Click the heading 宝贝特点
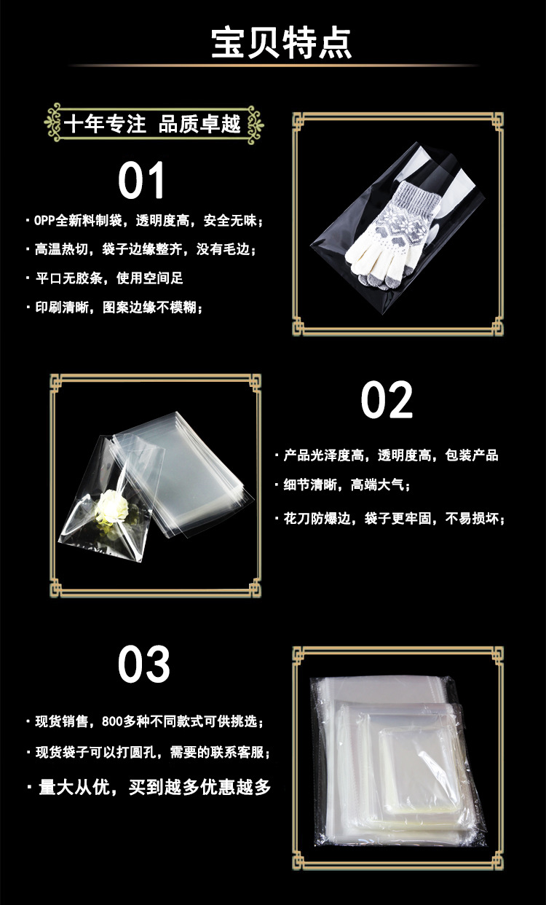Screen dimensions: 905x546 point(281,43)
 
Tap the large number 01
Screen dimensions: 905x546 point(142,181)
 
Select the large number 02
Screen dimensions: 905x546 point(386,400)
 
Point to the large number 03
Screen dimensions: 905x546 point(143,665)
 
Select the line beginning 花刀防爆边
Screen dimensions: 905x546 point(394,519)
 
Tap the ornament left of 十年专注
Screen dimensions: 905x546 point(52,122)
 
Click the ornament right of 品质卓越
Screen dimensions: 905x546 point(254,122)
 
